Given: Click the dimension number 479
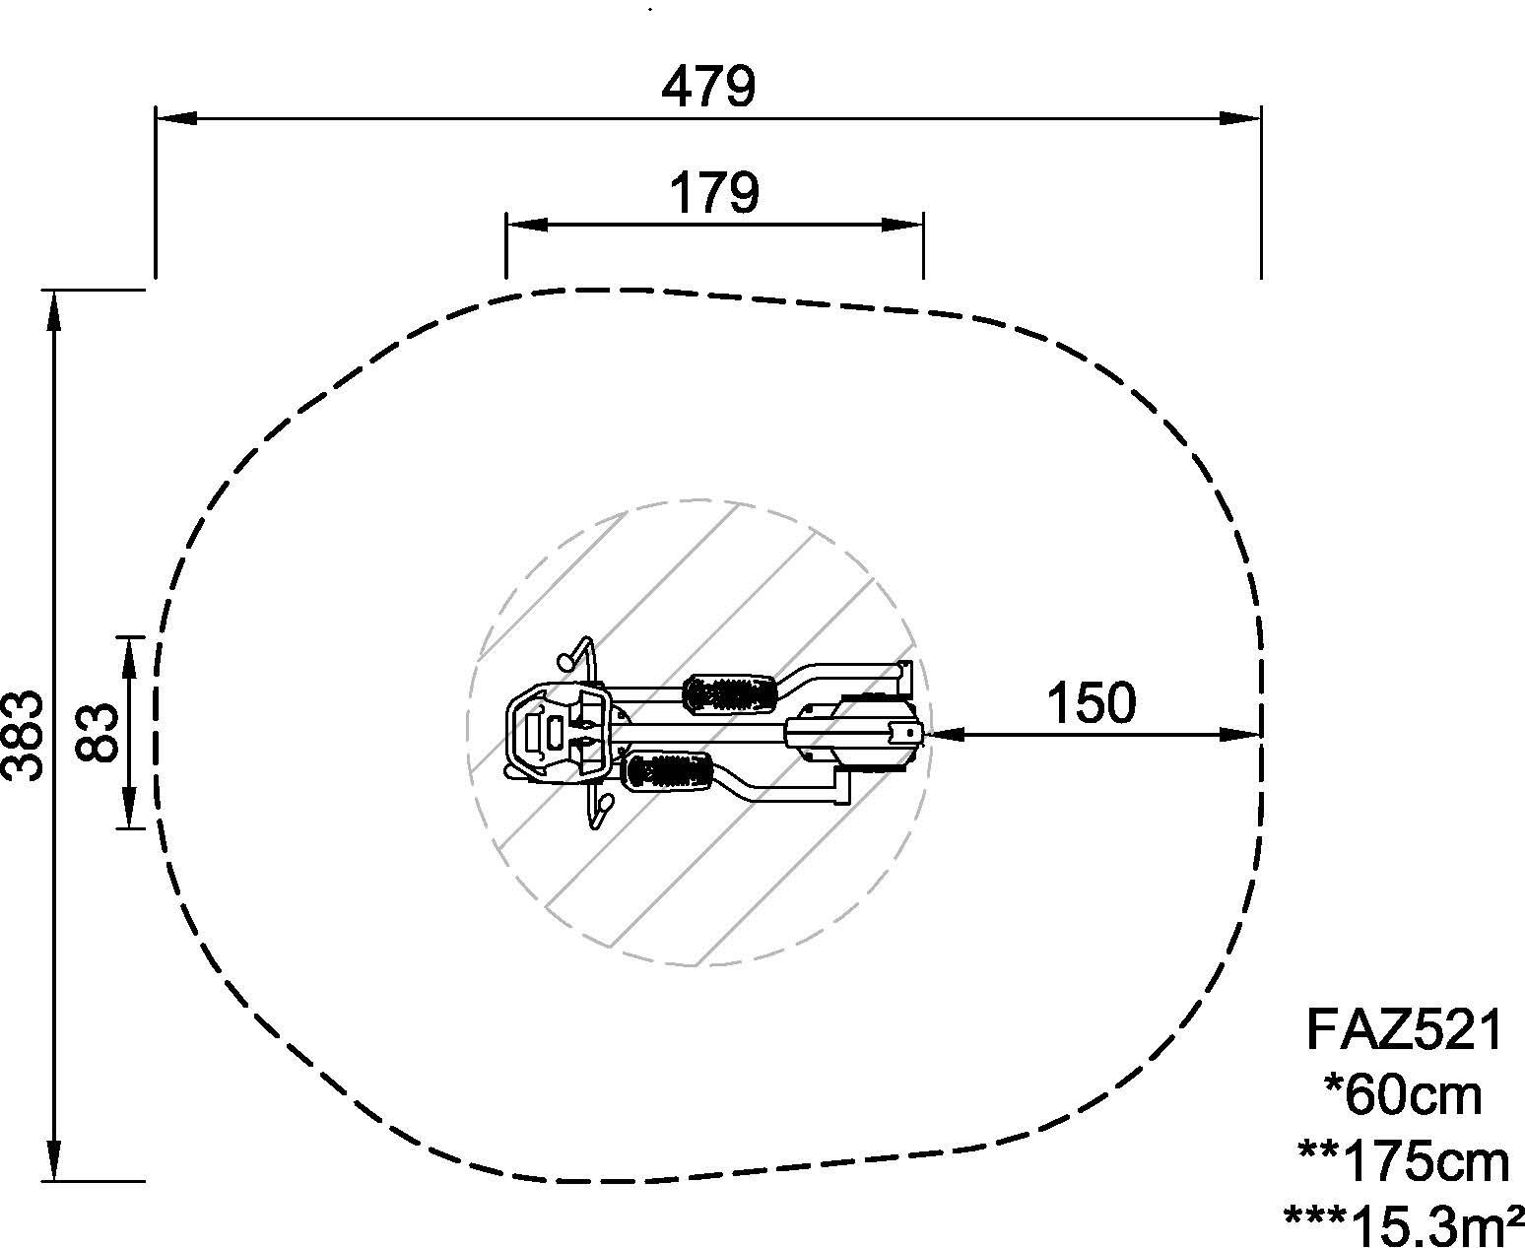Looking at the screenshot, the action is [708, 87].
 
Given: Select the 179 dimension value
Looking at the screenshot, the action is [714, 193].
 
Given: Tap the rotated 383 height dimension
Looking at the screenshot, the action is [23, 736].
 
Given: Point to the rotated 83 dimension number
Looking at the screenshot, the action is [97, 733].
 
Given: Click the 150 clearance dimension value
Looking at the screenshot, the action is [1092, 703].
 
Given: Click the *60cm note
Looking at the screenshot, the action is [1403, 1096].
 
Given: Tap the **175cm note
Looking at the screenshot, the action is [1404, 1162].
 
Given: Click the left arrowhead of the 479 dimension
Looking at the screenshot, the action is [175, 118].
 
